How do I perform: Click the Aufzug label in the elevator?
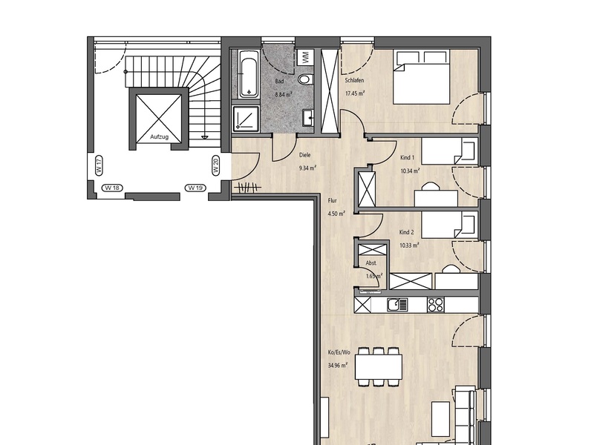pyautogui.click(x=159, y=136)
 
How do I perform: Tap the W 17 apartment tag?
pyautogui.click(x=99, y=165)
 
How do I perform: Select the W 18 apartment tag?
pyautogui.click(x=113, y=188)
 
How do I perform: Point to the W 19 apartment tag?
pyautogui.click(x=195, y=188)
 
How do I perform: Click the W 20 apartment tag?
pyautogui.click(x=216, y=165)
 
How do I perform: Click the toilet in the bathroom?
pyautogui.click(x=305, y=79)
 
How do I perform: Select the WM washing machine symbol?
pyautogui.click(x=305, y=58)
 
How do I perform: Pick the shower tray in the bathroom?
pyautogui.click(x=246, y=119)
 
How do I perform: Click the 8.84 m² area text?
pyautogui.click(x=284, y=95)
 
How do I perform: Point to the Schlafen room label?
pyautogui.click(x=355, y=80)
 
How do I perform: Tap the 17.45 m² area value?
pyautogui.click(x=355, y=93)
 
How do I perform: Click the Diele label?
pyautogui.click(x=305, y=155)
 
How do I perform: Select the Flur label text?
pyautogui.click(x=332, y=200)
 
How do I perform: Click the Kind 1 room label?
pyautogui.click(x=407, y=157)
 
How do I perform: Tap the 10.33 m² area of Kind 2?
pyautogui.click(x=409, y=245)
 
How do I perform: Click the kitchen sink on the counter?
pyautogui.click(x=397, y=305)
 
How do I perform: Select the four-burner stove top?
pyautogui.click(x=436, y=305)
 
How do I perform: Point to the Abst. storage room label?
pyautogui.click(x=371, y=263)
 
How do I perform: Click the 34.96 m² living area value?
pyautogui.click(x=338, y=365)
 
